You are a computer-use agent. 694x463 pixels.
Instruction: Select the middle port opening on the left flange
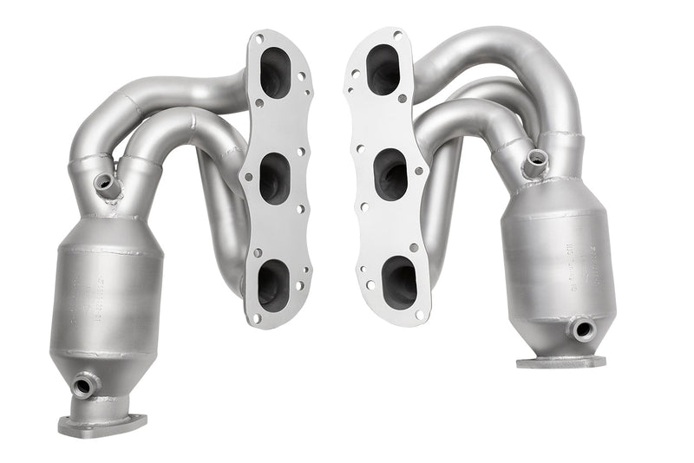[273, 178]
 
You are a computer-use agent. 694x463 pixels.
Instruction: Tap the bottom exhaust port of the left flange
[272, 283]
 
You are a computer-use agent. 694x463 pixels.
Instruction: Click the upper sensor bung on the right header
[536, 159]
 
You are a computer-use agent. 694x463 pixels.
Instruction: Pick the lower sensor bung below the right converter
[580, 329]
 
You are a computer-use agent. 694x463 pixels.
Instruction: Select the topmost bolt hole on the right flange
[396, 36]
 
